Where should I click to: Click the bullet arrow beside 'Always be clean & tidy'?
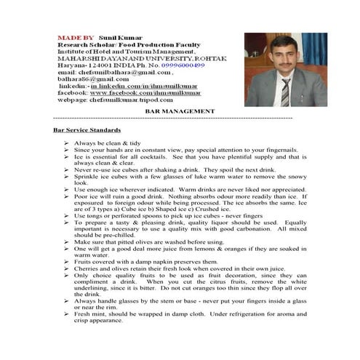click(66, 143)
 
